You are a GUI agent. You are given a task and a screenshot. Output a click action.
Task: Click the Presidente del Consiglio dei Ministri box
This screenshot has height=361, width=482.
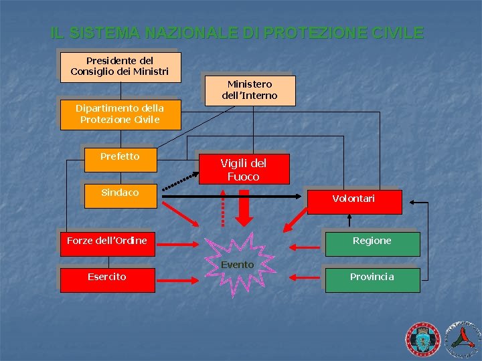click(120, 66)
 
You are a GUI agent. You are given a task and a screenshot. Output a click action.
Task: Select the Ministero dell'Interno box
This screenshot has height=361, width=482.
click(249, 90)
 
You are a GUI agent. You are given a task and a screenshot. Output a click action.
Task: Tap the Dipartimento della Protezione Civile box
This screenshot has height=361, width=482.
click(120, 114)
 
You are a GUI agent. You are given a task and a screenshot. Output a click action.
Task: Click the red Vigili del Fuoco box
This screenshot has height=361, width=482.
click(243, 170)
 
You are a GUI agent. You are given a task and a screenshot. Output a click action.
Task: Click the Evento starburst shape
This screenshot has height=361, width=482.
click(238, 265)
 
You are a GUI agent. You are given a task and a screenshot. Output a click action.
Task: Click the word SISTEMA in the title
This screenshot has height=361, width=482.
click(104, 33)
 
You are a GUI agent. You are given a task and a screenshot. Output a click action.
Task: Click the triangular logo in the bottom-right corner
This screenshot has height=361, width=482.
click(462, 338)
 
